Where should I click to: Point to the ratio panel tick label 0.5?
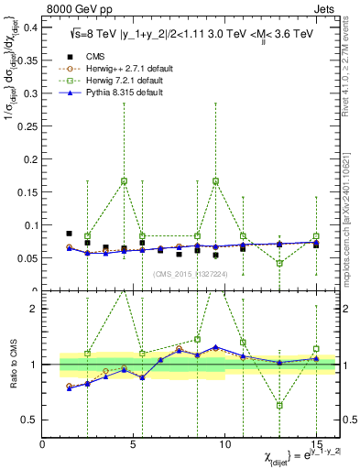(x=29, y=420)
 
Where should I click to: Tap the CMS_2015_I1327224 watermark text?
(x=191, y=273)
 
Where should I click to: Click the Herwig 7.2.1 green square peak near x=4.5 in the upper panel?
(x=124, y=180)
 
